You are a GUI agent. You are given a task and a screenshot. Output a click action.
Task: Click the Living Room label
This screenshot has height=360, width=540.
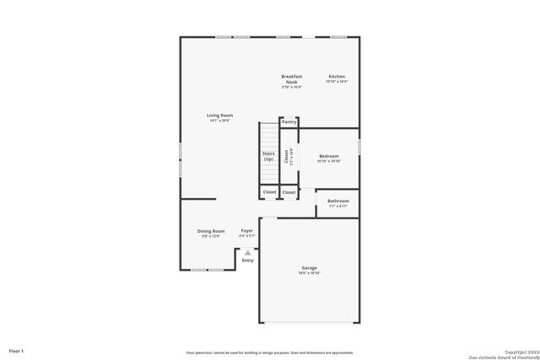220,116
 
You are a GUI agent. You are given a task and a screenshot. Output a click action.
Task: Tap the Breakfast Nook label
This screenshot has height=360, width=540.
291,78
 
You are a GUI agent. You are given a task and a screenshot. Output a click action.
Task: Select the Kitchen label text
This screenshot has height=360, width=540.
337,77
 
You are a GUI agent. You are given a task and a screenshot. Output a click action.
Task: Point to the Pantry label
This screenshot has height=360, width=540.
289,122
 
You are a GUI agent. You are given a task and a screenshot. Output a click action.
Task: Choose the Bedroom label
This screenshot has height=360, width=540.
329,156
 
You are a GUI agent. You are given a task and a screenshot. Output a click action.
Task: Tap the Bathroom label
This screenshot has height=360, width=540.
338,201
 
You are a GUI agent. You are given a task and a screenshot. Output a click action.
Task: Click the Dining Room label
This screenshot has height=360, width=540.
211,231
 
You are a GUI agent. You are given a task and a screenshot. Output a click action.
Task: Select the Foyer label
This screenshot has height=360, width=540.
247,231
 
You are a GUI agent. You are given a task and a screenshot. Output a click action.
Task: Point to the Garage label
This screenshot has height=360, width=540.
310,268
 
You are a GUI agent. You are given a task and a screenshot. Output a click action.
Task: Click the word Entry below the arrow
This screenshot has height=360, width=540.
248,261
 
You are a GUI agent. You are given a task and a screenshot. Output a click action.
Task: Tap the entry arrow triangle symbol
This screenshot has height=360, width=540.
248,252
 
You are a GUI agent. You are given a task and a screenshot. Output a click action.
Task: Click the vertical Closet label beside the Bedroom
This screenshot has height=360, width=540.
287,157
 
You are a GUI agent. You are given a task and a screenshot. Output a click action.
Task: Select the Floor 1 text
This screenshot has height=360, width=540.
17,350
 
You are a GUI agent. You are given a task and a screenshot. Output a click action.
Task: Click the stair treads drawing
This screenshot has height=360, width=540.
268,135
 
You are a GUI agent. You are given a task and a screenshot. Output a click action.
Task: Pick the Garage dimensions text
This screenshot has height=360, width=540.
310,273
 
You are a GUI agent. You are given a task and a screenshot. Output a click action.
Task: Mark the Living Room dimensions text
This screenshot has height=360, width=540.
220,121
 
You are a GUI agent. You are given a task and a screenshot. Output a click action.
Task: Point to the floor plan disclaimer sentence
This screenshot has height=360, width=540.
270,352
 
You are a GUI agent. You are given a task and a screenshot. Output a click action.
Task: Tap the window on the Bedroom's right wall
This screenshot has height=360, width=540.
360,146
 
